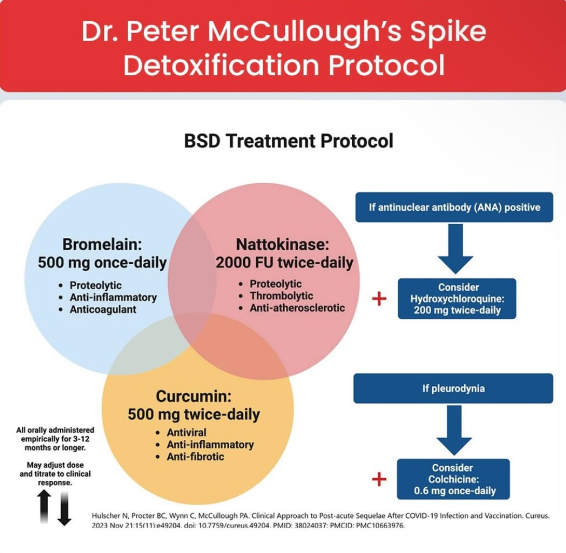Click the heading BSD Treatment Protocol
pyautogui.click(x=288, y=141)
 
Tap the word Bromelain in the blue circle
pyautogui.click(x=102, y=244)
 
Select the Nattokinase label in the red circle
pyautogui.click(x=282, y=244)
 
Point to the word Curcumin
pyautogui.click(x=194, y=396)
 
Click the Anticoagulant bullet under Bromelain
pyautogui.click(x=103, y=309)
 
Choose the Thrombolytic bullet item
pyautogui.click(x=281, y=296)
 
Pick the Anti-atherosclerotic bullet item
pyautogui.click(x=297, y=308)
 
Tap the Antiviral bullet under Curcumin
pyautogui.click(x=186, y=433)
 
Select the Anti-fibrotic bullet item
pyautogui.click(x=195, y=456)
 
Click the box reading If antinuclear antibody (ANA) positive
pyautogui.click(x=454, y=207)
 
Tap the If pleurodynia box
pyautogui.click(x=453, y=388)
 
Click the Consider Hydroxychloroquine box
pyautogui.click(x=457, y=299)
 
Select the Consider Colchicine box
pyautogui.click(x=453, y=479)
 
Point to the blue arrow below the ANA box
pyautogui.click(x=455, y=249)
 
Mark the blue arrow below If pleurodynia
pyautogui.click(x=454, y=430)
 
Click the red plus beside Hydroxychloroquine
pyautogui.click(x=379, y=299)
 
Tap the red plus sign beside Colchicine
pyautogui.click(x=379, y=479)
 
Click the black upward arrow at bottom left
pyautogui.click(x=44, y=506)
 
